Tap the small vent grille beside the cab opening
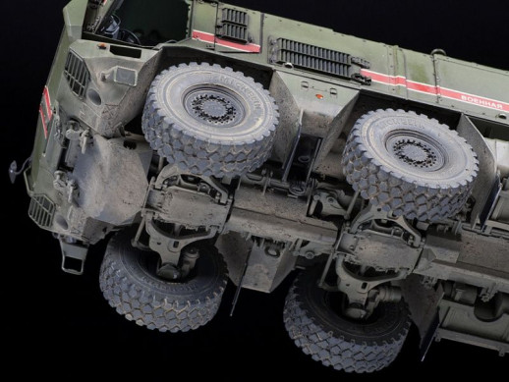[233, 24]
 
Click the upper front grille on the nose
[77, 74]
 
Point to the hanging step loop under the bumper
[71, 257]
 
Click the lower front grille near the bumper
[40, 209]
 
